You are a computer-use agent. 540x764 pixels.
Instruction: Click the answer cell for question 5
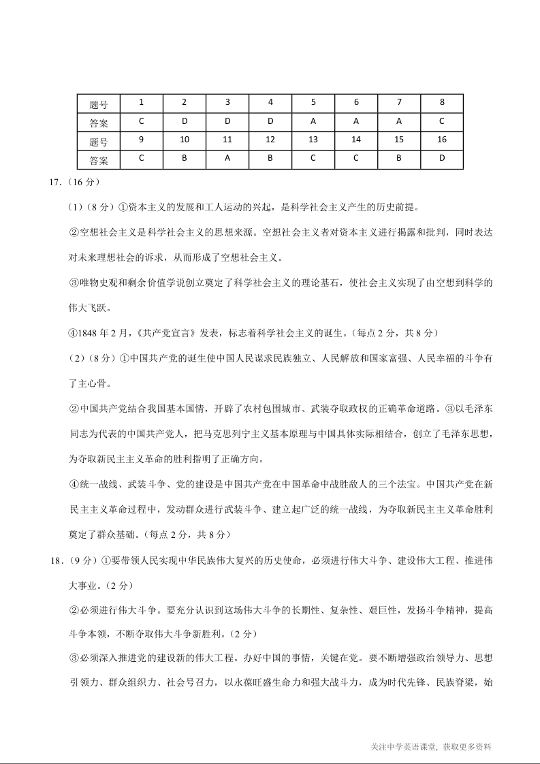[313, 122]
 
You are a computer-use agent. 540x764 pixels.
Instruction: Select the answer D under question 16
[442, 160]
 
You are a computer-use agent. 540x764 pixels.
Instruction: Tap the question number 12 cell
[270, 140]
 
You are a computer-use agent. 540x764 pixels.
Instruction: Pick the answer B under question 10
[184, 160]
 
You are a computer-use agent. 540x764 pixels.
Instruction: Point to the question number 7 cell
[399, 103]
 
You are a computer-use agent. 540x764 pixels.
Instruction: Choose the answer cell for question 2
[184, 122]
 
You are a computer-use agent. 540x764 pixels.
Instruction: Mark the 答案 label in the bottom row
[99, 161]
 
